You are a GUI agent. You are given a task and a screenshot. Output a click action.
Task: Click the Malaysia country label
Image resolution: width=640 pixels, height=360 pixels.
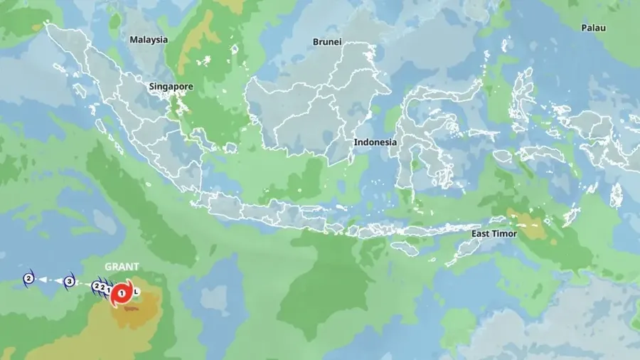(149, 40)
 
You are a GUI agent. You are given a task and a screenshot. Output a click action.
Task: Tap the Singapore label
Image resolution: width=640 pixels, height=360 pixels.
(171, 87)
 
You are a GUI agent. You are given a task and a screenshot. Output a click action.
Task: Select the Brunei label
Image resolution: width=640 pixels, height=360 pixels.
(327, 42)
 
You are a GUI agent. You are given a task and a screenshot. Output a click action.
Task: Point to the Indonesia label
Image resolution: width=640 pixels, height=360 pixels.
(375, 142)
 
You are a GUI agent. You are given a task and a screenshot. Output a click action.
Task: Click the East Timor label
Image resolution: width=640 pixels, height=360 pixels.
(494, 233)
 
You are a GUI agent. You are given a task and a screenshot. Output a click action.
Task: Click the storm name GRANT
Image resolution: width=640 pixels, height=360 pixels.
(122, 267)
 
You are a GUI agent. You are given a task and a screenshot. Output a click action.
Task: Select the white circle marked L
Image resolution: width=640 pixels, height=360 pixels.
(137, 292)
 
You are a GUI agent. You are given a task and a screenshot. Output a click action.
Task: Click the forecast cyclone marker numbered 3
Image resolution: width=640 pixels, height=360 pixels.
(69, 281)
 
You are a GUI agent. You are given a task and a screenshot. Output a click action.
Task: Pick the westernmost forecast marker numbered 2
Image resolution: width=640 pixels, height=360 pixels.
(28, 278)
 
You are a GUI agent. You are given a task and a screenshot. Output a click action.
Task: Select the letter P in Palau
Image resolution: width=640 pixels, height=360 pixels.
(584, 28)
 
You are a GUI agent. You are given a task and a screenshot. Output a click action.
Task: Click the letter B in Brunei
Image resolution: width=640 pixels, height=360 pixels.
(316, 42)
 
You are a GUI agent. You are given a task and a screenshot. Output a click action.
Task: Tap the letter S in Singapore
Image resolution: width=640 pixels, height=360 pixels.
(151, 87)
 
